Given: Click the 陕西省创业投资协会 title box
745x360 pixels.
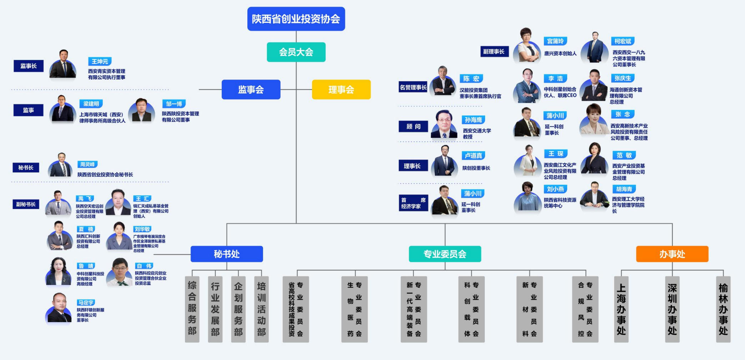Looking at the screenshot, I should [296, 19].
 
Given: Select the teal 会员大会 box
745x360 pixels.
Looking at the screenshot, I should [296, 52].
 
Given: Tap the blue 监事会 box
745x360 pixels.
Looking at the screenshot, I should [251, 89].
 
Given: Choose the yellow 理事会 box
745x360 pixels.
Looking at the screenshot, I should [341, 89].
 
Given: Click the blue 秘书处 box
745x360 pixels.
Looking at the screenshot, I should [227, 254].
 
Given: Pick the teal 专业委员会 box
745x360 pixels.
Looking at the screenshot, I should [445, 254].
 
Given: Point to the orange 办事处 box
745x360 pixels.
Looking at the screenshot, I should [672, 254].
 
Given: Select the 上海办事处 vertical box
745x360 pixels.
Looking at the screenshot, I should [621, 309].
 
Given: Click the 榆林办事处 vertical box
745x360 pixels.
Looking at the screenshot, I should [723, 309].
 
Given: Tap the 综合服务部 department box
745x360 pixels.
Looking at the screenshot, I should [192, 309].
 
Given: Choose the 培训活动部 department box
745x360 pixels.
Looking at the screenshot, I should [261, 309].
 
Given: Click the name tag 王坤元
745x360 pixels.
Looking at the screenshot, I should [100, 61].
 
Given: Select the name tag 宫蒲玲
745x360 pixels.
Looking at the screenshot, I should [555, 41].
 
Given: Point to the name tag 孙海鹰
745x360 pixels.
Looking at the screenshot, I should [473, 120].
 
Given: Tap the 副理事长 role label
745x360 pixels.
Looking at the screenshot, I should [494, 52].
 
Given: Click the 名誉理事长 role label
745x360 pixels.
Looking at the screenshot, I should [413, 87].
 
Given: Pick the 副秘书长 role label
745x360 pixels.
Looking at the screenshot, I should [26, 204].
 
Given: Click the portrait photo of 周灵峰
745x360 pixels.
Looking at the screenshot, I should [61, 165].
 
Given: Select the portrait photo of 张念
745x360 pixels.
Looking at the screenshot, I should [593, 120].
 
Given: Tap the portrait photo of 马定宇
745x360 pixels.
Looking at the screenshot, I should [59, 308].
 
